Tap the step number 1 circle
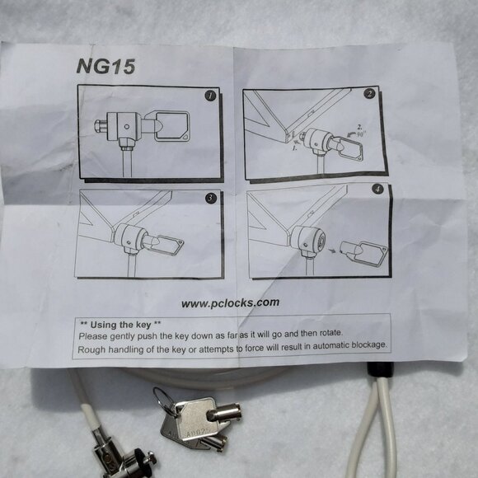[210, 96]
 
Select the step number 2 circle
[370, 94]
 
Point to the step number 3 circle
[211, 199]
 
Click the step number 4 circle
[378, 190]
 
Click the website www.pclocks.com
[230, 302]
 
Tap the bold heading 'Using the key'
[119, 322]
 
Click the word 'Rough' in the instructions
[95, 349]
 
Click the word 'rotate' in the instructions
[326, 333]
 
